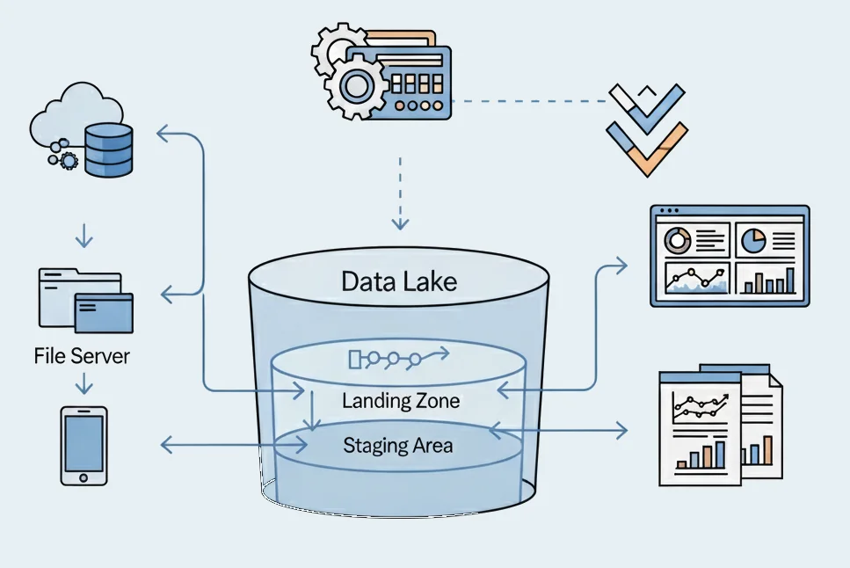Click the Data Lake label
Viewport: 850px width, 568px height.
399,281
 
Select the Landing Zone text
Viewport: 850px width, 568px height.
401,402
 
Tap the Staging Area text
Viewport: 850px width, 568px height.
398,445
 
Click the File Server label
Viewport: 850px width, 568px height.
82,356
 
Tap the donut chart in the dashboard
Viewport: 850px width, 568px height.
678,238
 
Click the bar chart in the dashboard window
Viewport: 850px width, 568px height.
768,280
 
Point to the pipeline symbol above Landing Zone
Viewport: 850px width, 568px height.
398,357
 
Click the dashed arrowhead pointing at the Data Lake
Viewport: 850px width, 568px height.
400,224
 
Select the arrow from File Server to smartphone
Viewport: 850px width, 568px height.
84,384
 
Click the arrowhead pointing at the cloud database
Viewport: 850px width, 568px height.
162,134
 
